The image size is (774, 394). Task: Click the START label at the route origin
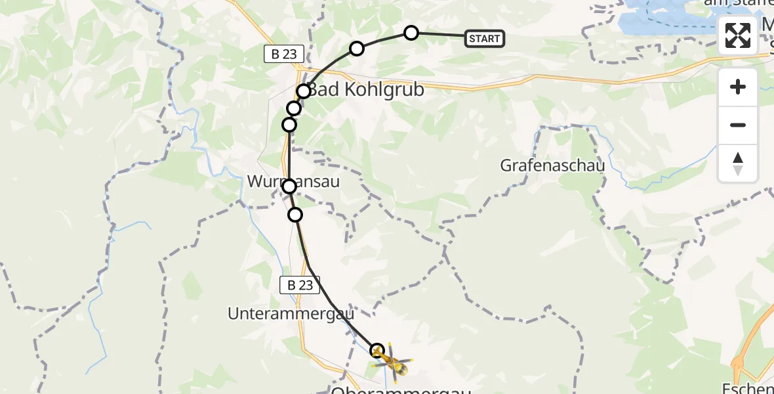[485, 39]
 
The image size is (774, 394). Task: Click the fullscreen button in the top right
[738, 35]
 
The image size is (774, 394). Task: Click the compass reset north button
[738, 164]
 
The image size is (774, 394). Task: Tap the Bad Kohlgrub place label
[366, 90]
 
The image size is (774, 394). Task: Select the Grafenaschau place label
[552, 165]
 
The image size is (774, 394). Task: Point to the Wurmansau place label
[294, 181]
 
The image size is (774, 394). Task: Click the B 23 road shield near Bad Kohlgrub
[284, 55]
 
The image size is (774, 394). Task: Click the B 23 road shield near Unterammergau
[300, 285]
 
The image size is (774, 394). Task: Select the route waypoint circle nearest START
[411, 33]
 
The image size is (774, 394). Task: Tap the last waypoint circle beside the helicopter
[377, 350]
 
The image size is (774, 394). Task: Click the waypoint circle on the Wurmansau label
[289, 187]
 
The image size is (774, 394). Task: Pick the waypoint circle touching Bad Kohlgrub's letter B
[303, 91]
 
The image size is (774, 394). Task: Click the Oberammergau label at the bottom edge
[401, 390]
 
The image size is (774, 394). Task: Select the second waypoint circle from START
[356, 48]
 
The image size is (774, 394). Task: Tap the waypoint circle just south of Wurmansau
[295, 214]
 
